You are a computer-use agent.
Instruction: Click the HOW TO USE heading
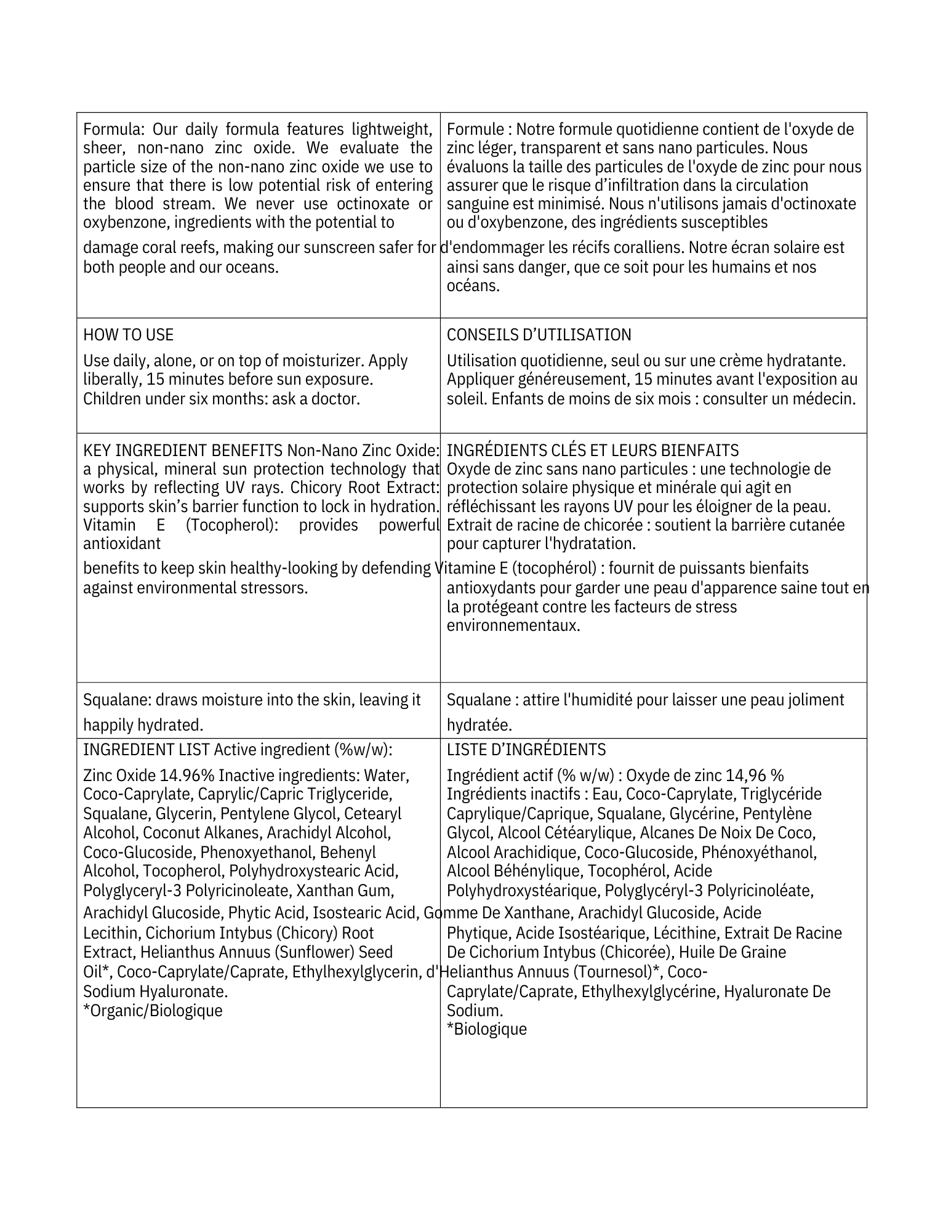pos(128,335)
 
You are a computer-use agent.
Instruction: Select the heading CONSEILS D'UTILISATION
pos(539,335)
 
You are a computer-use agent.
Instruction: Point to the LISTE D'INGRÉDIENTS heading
pos(526,750)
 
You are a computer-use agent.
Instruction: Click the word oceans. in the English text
pos(252,267)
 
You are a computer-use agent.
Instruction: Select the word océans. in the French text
pos(473,286)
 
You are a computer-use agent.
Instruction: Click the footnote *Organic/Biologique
pos(153,1011)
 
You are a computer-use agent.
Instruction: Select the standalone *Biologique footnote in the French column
pos(486,1029)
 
